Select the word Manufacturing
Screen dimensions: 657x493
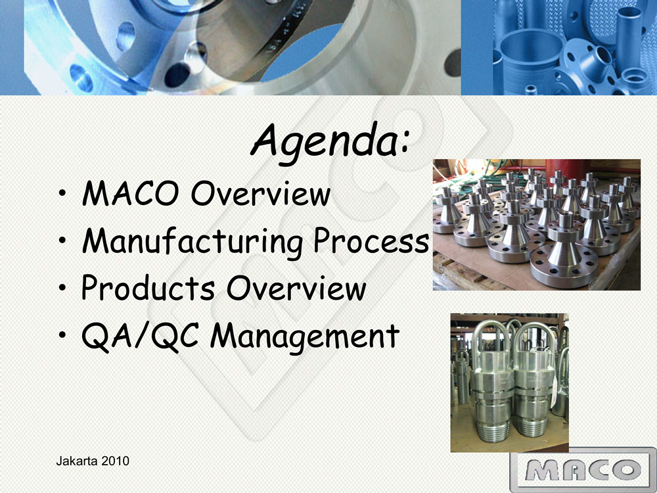pyautogui.click(x=193, y=242)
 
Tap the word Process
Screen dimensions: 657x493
pyautogui.click(x=371, y=241)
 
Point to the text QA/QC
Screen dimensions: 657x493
pyautogui.click(x=140, y=336)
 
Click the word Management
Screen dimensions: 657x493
pyautogui.click(x=305, y=337)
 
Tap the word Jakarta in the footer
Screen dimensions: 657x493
pyautogui.click(x=77, y=461)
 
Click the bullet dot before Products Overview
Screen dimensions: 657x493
pyautogui.click(x=62, y=288)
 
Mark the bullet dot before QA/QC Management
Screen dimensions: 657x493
pyautogui.click(x=62, y=335)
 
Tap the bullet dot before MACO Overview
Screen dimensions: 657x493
pyautogui.click(x=62, y=193)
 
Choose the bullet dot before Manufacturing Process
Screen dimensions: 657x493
pyautogui.click(x=62, y=241)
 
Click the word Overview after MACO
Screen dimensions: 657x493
pyautogui.click(x=261, y=193)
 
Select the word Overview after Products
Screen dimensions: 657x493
pyautogui.click(x=296, y=288)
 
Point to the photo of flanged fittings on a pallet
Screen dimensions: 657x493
pyautogui.click(x=536, y=225)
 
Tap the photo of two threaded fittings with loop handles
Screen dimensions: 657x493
pyautogui.click(x=510, y=383)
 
